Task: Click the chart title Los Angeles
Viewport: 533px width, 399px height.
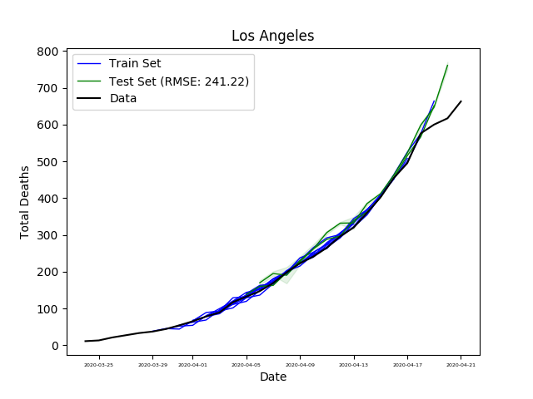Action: pyautogui.click(x=272, y=36)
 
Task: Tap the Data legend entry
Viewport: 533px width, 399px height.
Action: pyautogui.click(x=122, y=98)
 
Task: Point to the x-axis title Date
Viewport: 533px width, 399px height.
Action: pyautogui.click(x=272, y=377)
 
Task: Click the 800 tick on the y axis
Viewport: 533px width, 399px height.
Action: pyautogui.click(x=48, y=52)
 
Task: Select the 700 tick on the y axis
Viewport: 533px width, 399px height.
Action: pyautogui.click(x=48, y=88)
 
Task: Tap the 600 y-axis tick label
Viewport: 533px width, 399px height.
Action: pyautogui.click(x=48, y=125)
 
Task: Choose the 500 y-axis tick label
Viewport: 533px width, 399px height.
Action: pyautogui.click(x=48, y=161)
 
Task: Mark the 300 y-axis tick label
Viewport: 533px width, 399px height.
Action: pyautogui.click(x=48, y=235)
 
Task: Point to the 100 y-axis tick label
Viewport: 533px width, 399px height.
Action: pyautogui.click(x=48, y=308)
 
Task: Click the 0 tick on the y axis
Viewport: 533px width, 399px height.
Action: pyautogui.click(x=55, y=345)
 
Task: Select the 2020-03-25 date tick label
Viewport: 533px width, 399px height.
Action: pyautogui.click(x=99, y=364)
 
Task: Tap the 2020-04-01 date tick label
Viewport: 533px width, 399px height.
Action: pyautogui.click(x=192, y=364)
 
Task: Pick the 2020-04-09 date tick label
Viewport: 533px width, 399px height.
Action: pyautogui.click(x=300, y=364)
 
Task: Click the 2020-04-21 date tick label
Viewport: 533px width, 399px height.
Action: pyautogui.click(x=461, y=364)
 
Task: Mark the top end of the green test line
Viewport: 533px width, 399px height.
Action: pyautogui.click(x=447, y=65)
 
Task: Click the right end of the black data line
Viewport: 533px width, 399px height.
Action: pyautogui.click(x=461, y=101)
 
